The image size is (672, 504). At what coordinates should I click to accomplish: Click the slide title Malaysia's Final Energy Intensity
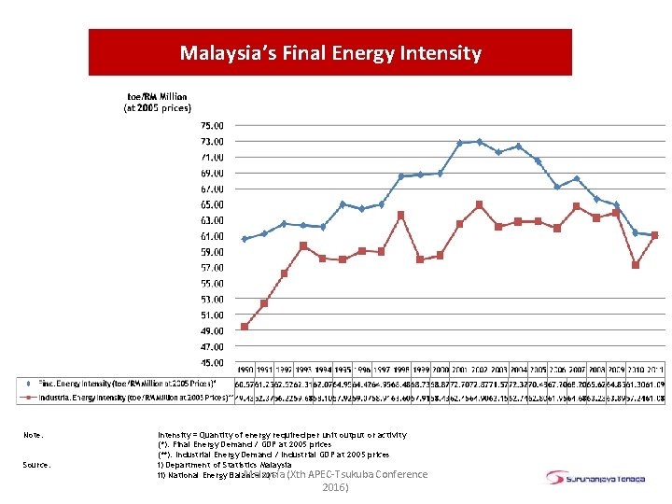pos(330,53)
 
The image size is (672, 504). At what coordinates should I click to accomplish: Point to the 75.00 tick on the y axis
pos(212,125)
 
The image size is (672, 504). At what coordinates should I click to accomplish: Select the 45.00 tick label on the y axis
pos(212,362)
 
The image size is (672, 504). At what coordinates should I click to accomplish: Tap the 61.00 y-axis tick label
pos(212,236)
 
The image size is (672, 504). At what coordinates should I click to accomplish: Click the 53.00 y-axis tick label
pos(212,300)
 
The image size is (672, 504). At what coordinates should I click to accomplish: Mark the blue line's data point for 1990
pos(245,239)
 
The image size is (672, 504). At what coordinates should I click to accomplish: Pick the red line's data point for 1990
pos(245,327)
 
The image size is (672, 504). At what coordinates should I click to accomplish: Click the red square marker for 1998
pos(400,215)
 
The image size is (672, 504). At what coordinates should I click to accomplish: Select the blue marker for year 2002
pos(479,142)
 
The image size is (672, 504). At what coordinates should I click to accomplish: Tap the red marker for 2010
pos(635,265)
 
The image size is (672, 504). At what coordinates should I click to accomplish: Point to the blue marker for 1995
pos(343,203)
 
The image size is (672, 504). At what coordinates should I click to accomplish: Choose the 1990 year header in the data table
pos(245,371)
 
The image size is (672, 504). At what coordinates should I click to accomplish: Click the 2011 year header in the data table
pos(653,371)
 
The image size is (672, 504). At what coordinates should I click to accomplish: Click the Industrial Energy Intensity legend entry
pos(126,398)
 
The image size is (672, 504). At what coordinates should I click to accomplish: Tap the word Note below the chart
pos(35,435)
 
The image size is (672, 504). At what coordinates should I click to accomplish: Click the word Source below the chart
pos(38,465)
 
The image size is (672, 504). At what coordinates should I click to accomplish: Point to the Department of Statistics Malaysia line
pos(226,465)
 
